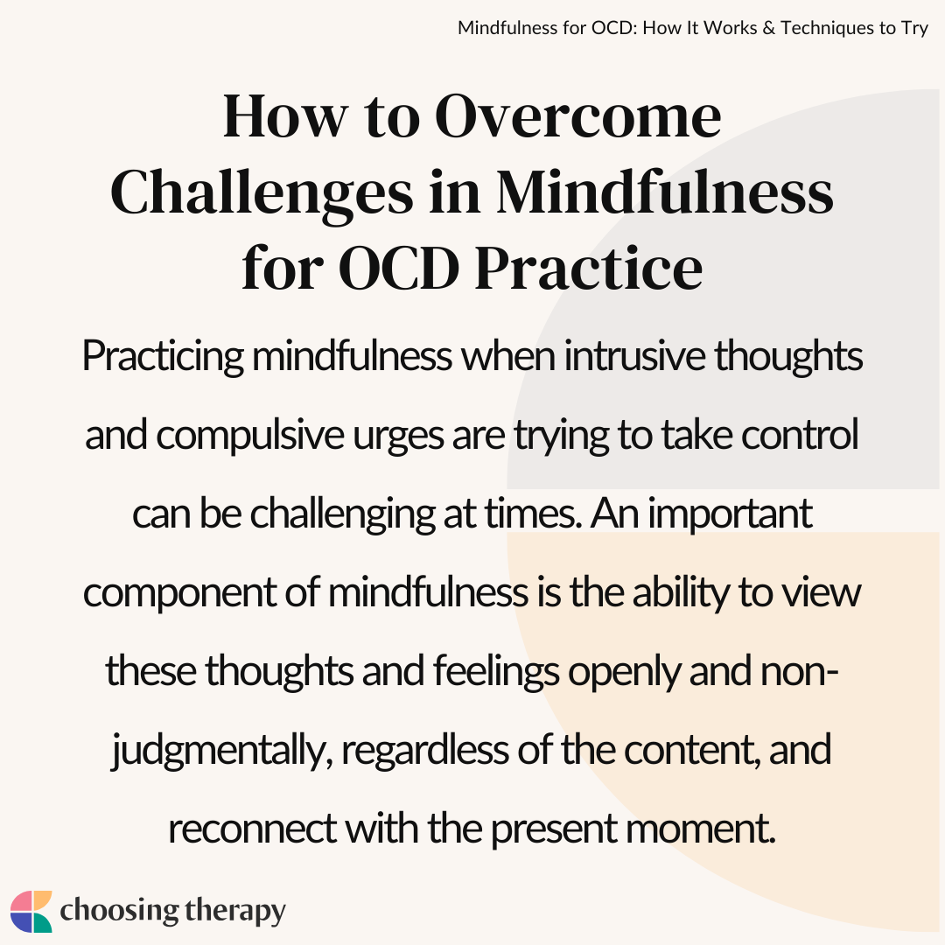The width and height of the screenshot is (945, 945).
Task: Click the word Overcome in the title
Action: tap(577, 116)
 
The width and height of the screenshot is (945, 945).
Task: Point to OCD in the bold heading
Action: tap(399, 269)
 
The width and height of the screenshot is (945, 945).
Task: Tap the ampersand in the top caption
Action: tap(768, 28)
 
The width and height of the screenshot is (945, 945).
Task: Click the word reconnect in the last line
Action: tap(252, 829)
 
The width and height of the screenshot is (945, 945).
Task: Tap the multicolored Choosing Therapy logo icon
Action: tap(31, 911)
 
